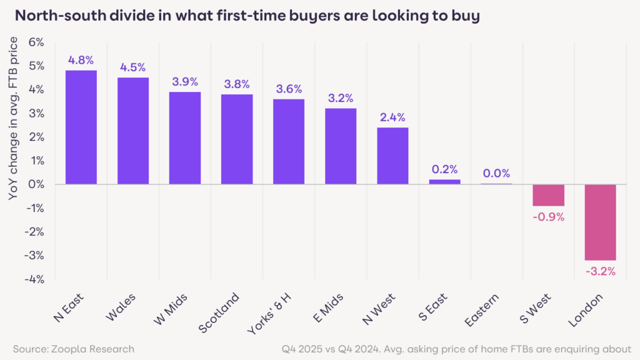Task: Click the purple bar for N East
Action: tap(81, 127)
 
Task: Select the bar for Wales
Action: tap(132, 131)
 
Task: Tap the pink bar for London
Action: tap(600, 222)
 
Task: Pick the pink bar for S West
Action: tap(548, 195)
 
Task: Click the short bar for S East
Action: tap(444, 182)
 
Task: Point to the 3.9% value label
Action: tap(184, 82)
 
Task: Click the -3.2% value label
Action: tap(600, 271)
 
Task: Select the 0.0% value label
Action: tap(496, 173)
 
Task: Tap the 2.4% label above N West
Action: tap(392, 117)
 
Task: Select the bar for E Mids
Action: tap(341, 146)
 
